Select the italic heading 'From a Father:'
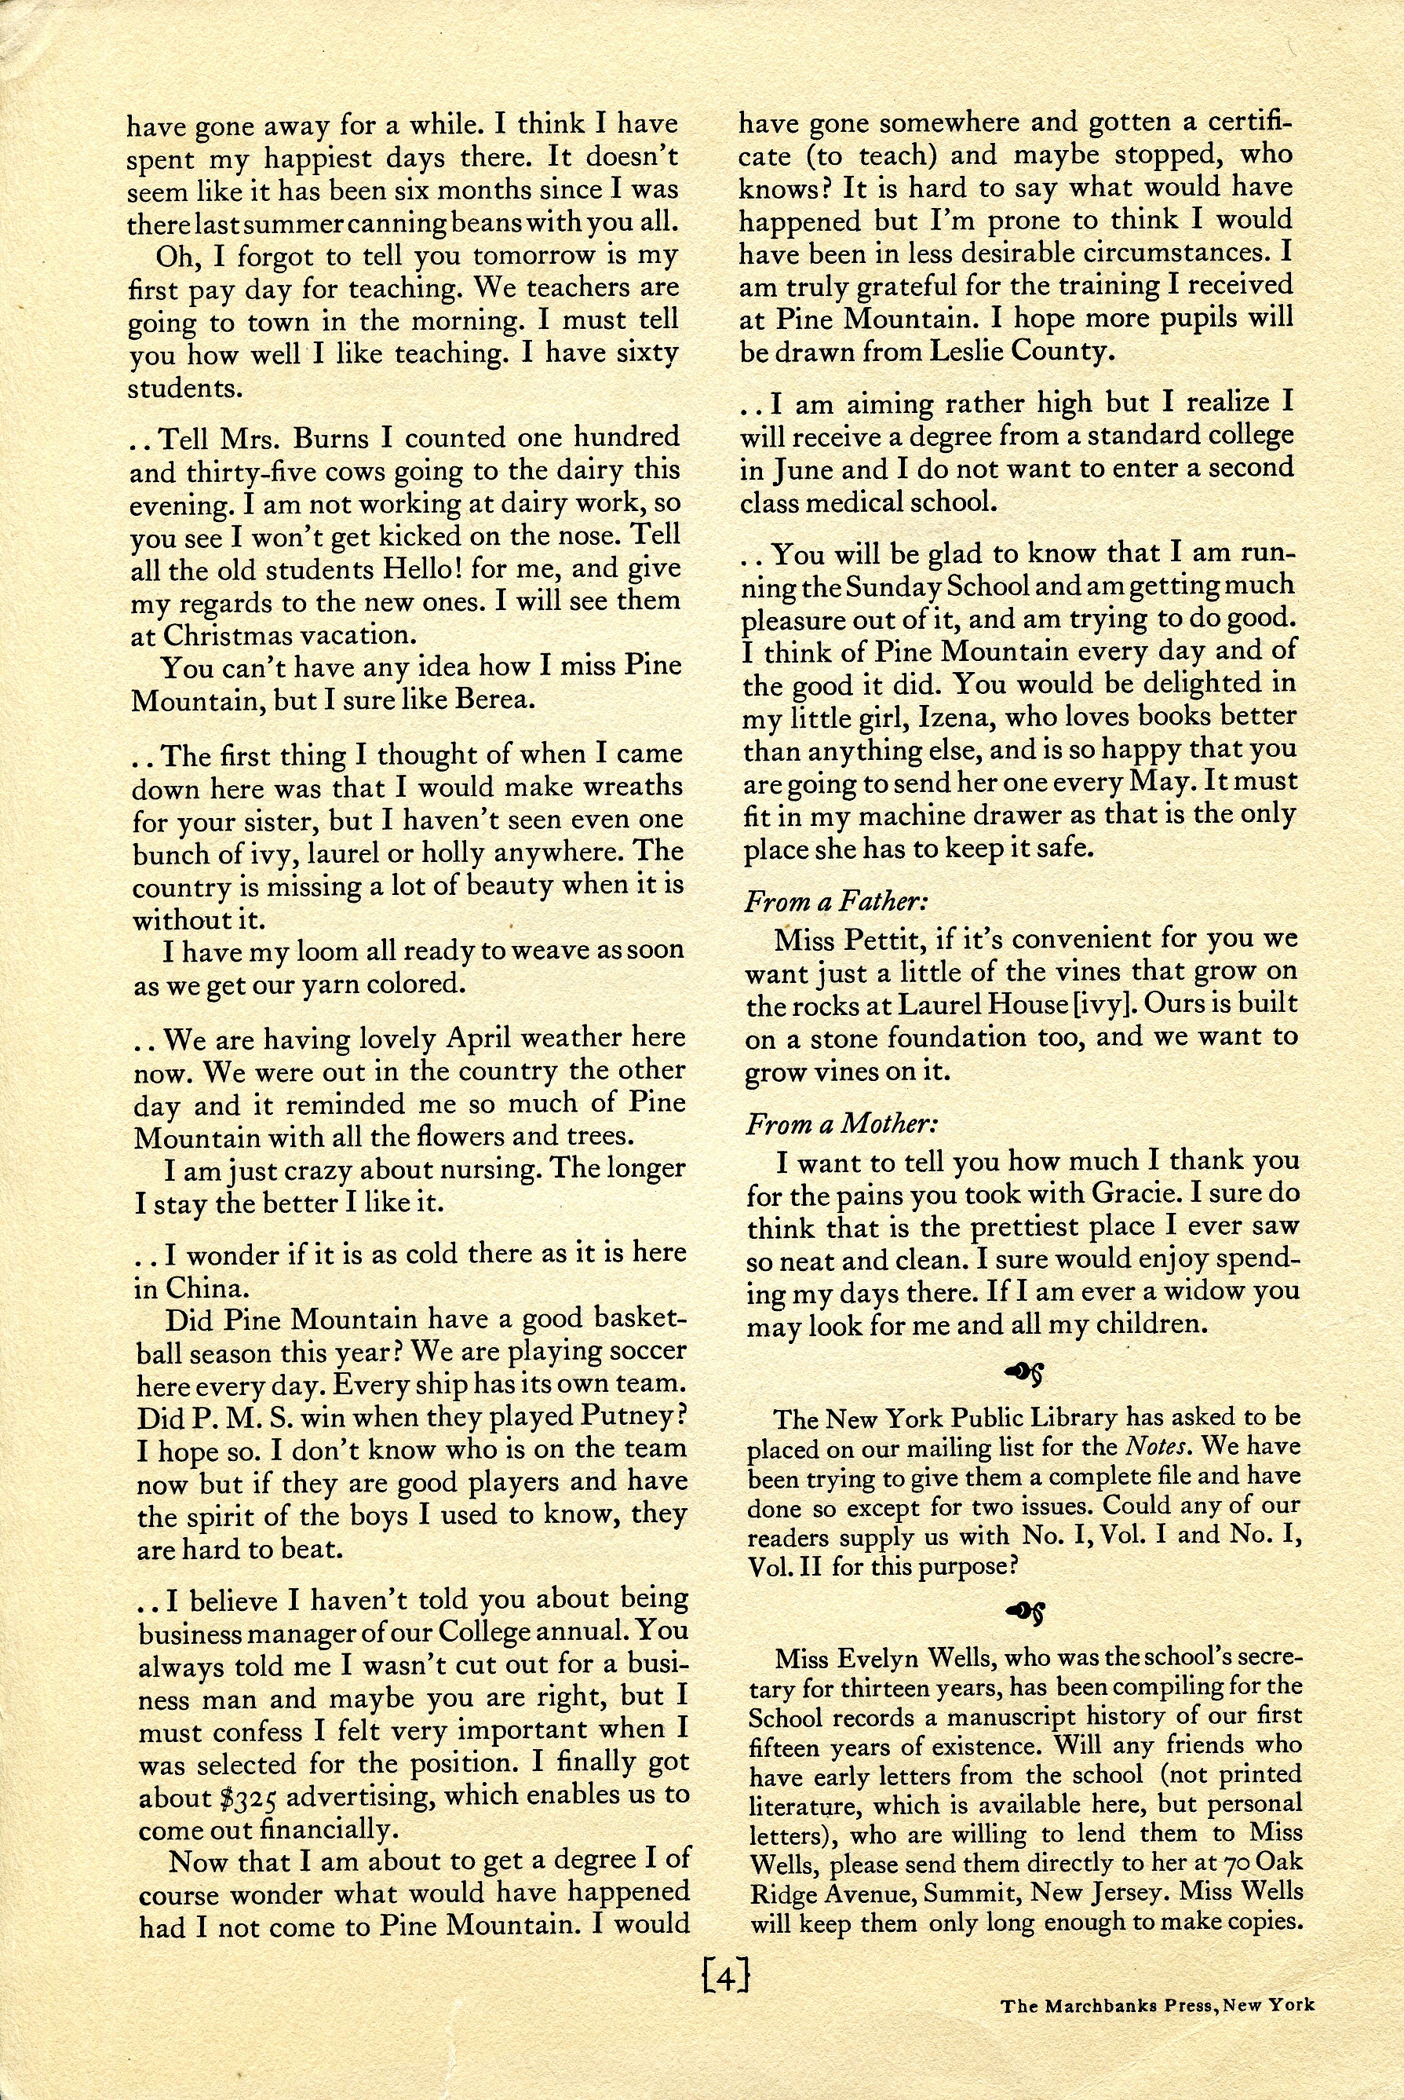coord(825,901)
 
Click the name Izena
coord(910,717)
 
